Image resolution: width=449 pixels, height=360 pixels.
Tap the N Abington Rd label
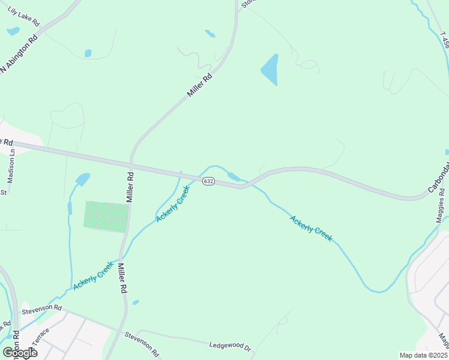pyautogui.click(x=19, y=53)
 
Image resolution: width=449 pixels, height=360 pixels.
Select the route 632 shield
pyautogui.click(x=208, y=181)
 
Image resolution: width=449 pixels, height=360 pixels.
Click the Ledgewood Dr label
pyautogui.click(x=229, y=346)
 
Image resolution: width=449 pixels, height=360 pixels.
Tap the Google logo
pyautogui.click(x=20, y=353)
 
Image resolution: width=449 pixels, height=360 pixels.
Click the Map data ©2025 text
pyautogui.click(x=423, y=355)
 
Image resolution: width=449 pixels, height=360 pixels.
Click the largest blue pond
pyautogui.click(x=270, y=69)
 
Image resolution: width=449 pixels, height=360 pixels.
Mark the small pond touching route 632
pyautogui.click(x=234, y=176)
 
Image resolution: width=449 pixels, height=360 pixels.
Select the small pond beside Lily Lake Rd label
pyautogui.click(x=13, y=31)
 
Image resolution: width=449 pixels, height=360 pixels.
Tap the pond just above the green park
pyautogui.click(x=82, y=179)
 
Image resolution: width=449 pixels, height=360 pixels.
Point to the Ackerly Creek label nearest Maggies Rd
pyautogui.click(x=310, y=229)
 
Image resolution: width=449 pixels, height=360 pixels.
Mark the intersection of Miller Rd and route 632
pyautogui.click(x=131, y=164)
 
